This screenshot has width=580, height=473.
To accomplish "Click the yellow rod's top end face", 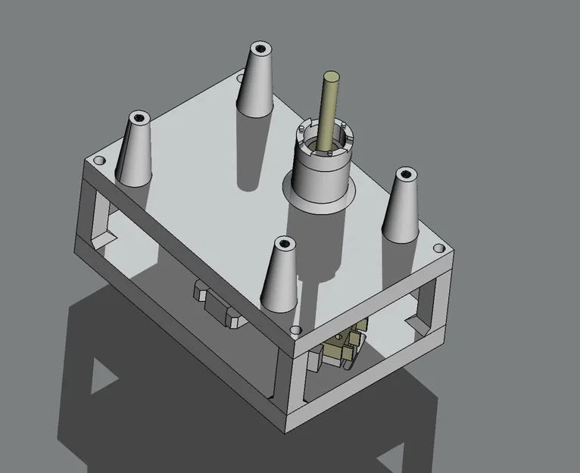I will [331, 76].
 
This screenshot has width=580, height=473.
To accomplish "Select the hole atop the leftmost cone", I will [139, 118].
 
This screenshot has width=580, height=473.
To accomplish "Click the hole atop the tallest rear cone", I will [261, 48].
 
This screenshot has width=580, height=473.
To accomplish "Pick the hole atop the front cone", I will [285, 244].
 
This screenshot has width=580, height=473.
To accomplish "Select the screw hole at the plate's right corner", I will [438, 248].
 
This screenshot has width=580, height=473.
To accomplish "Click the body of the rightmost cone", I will [401, 212].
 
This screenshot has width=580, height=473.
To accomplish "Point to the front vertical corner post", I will [288, 386].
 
